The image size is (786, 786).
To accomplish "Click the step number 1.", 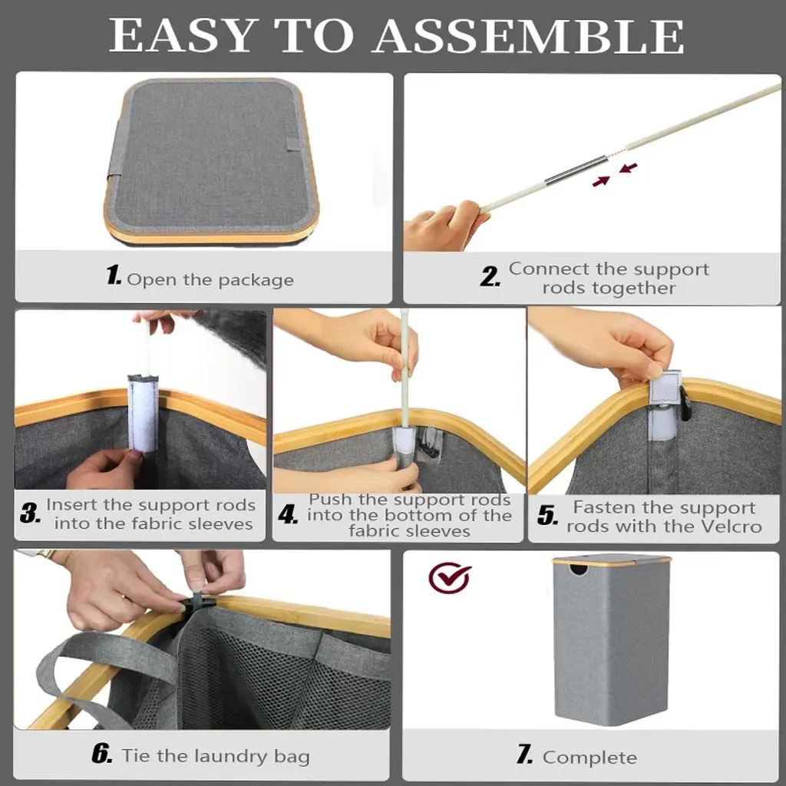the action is tap(114, 276).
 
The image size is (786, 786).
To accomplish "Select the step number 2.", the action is tap(490, 276).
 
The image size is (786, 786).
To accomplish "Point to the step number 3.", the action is tap(30, 513).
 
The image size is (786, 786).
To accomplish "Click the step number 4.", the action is tap(289, 515).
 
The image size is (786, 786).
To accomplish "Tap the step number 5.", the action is tap(548, 515).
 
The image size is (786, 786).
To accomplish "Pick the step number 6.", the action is tap(102, 754).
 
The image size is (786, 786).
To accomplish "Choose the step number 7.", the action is tap(525, 755).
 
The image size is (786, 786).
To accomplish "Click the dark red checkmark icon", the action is tap(449, 577).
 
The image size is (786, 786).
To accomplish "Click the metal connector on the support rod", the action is tap(576, 170).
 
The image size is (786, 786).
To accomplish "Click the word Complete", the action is tap(589, 757).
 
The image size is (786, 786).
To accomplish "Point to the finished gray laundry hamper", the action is tap(612, 639).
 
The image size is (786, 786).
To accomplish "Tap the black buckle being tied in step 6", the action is tap(199, 603).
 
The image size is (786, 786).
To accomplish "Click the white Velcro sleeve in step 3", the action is tap(143, 412).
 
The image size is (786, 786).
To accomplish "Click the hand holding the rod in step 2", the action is tap(444, 226).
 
